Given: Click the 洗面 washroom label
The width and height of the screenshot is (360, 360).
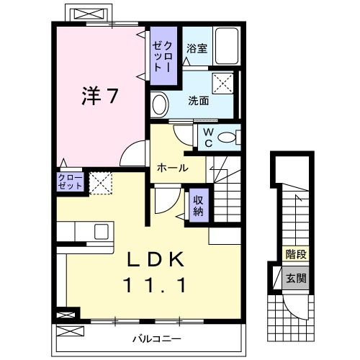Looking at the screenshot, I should (199, 101).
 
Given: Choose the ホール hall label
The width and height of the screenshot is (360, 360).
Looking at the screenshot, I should (173, 168).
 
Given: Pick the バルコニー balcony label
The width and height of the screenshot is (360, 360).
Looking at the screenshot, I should (156, 337).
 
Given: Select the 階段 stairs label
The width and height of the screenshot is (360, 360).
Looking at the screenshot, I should (295, 253).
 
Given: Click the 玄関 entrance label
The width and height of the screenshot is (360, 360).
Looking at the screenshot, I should (295, 277).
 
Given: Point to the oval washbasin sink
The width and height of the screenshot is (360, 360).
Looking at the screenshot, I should (160, 102).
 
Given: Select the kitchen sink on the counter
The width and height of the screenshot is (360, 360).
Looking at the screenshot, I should (101, 231).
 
